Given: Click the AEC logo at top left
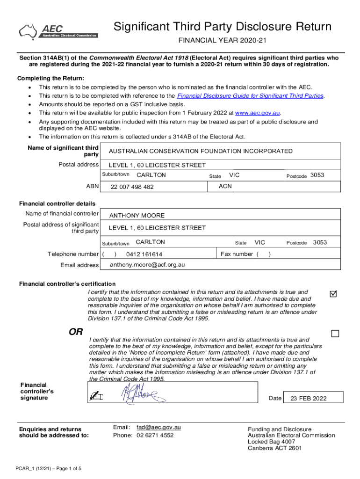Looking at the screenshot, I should coord(58,31).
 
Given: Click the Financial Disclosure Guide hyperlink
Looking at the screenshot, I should coord(250,95).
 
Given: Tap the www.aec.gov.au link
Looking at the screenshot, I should coord(257,113).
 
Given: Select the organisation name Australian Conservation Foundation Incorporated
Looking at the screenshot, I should coord(201,151).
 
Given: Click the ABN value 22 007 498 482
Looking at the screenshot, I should coord(132,187).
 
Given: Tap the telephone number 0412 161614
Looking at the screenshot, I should coord(144,254).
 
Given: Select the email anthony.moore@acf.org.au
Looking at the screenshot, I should coord(147,265).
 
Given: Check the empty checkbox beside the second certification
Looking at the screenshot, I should coord(335,334).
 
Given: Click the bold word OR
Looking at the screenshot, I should coord(76,332).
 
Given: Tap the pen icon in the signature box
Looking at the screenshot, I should coord(97,396).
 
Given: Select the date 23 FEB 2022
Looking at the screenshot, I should coord(309,399).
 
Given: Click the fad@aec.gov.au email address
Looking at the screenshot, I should coord(158,427).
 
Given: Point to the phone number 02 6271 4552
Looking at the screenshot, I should coord(155,435).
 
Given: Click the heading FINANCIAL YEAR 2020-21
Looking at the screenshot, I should coord(222,41).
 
